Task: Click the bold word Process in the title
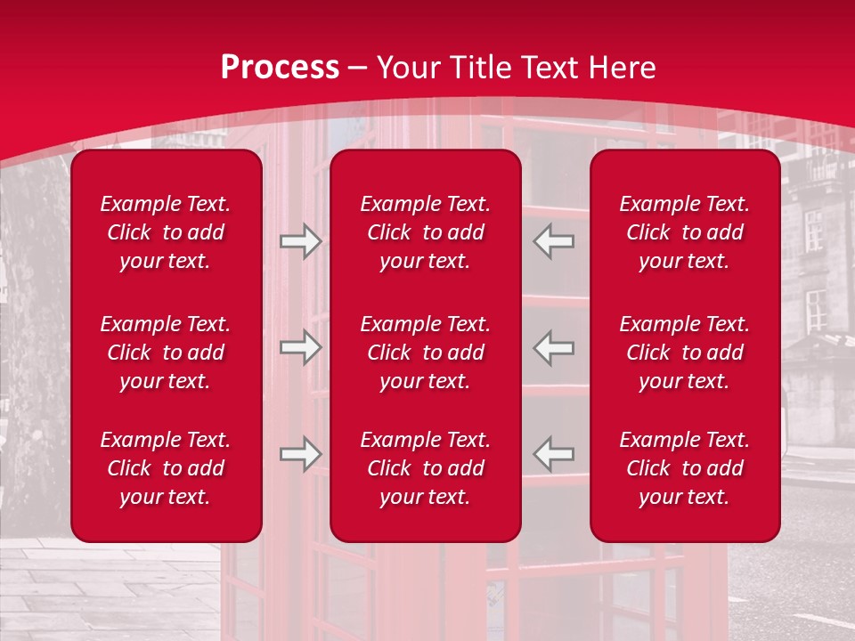click(280, 68)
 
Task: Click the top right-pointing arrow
click(300, 241)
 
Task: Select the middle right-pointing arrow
click(300, 347)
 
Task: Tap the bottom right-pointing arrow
click(300, 454)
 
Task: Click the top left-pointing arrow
click(553, 241)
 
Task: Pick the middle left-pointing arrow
click(553, 347)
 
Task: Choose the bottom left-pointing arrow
click(553, 454)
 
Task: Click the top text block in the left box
click(166, 232)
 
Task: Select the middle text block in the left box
click(166, 353)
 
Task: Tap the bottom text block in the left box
click(166, 468)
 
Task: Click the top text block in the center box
click(425, 232)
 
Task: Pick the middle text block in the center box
click(425, 353)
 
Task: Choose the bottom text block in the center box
click(425, 468)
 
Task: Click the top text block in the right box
click(684, 232)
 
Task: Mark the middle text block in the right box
click(684, 353)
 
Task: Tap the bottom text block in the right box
click(684, 468)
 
